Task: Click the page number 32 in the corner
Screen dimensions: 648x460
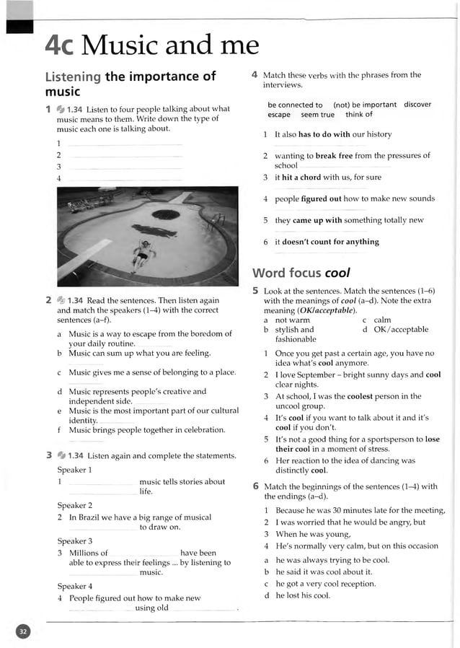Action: pyautogui.click(x=23, y=632)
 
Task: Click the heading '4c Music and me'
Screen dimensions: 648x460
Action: pyautogui.click(x=151, y=45)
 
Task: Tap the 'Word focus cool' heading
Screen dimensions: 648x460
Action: pyautogui.click(x=301, y=273)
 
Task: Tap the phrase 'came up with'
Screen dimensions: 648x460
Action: pyautogui.click(x=317, y=221)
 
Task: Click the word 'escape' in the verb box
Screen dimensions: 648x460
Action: pyautogui.click(x=279, y=115)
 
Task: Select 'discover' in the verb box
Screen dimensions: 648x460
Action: pyautogui.click(x=417, y=105)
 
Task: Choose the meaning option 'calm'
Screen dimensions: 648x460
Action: pyautogui.click(x=382, y=320)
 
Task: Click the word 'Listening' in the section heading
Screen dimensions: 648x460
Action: pyautogui.click(x=73, y=76)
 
